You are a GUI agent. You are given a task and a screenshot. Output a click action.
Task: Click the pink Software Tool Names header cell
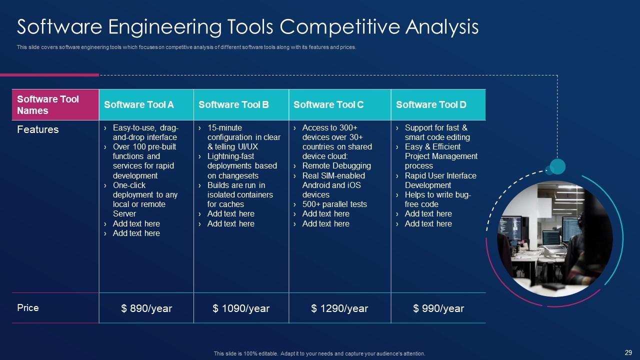[x=55, y=104]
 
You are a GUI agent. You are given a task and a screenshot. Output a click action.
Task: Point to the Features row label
[x=37, y=129]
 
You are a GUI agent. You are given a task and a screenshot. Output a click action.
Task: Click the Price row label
[x=27, y=307]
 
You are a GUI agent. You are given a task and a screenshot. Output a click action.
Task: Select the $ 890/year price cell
[x=146, y=308]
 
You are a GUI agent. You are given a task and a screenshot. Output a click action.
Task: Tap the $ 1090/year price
[x=241, y=308]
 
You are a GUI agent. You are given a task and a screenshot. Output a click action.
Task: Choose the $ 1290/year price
[x=339, y=308]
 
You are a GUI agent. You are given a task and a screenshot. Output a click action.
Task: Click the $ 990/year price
[x=438, y=308]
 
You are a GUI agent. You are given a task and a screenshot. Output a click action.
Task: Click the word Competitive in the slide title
[x=339, y=27]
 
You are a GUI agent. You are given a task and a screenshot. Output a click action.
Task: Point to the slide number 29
[x=628, y=352]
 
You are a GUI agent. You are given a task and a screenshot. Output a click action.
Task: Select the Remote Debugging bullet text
[x=336, y=166]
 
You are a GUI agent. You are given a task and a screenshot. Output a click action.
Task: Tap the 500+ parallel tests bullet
[x=334, y=204]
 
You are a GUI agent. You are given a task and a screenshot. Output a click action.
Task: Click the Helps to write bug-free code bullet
[x=437, y=199]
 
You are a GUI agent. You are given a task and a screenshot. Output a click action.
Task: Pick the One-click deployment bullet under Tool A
[x=145, y=199]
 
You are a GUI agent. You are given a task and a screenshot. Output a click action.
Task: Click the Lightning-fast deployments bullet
[x=242, y=166]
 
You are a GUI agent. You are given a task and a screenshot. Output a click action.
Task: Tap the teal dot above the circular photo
[x=557, y=166]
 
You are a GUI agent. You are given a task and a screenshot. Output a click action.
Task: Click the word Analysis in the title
[x=442, y=27]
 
